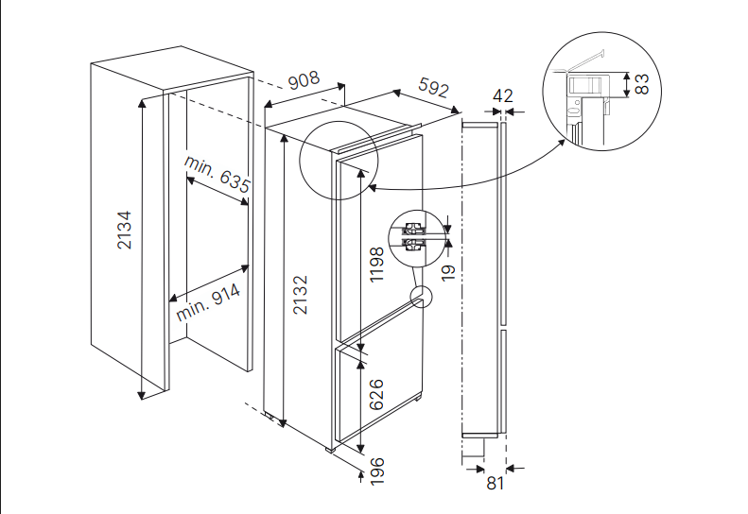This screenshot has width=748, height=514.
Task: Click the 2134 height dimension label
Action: pos(124,230)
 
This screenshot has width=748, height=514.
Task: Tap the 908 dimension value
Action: pos(304,80)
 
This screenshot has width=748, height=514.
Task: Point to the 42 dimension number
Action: pos(503,95)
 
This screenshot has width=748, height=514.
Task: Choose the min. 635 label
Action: pos(218,174)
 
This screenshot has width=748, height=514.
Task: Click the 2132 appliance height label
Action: pos(300,294)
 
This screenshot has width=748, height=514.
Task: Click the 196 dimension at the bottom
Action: pos(376,471)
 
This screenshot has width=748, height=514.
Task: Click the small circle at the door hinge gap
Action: pos(419,299)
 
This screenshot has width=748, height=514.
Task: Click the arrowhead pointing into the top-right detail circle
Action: pos(565,142)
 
